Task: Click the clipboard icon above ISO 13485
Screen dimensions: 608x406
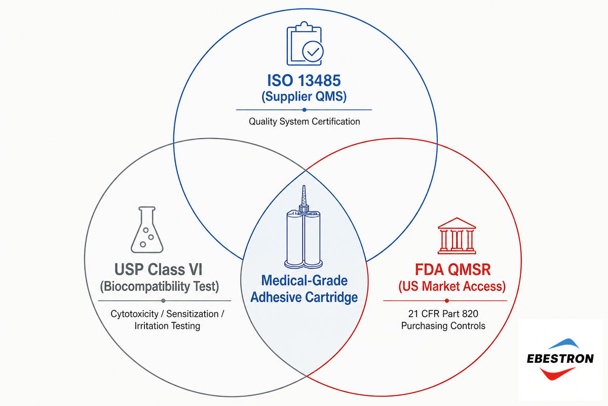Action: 305,44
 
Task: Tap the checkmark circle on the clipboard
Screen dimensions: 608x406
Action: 313,51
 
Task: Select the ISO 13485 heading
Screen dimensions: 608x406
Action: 303,81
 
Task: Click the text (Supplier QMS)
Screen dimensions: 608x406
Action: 304,97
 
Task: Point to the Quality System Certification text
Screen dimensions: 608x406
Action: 305,121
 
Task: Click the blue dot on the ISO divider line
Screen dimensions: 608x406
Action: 305,110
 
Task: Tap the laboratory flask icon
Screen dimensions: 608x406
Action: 147,230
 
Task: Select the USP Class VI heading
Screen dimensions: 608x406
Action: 158,269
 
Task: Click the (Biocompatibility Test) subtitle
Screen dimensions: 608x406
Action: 159,287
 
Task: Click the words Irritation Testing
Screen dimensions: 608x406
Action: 167,326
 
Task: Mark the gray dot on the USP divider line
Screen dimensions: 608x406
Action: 163,301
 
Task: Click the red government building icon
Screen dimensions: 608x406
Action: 457,236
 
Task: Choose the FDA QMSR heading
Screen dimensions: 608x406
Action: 453,269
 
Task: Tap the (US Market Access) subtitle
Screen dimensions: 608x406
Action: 452,287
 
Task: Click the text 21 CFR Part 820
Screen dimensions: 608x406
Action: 443,314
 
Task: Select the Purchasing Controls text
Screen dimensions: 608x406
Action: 443,326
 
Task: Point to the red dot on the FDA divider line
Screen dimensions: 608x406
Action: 447,301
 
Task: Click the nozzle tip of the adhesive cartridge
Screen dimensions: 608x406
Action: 303,187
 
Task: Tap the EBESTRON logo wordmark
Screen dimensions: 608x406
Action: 560,359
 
